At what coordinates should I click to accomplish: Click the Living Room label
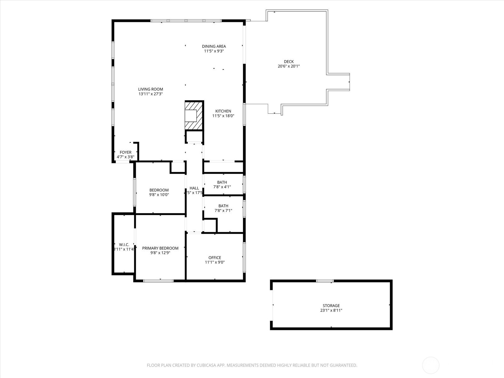pyautogui.click(x=151, y=89)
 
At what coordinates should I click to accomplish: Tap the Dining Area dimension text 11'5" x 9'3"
pyautogui.click(x=214, y=51)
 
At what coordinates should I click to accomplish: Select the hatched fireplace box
pyautogui.click(x=194, y=115)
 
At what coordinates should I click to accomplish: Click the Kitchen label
pyautogui.click(x=223, y=111)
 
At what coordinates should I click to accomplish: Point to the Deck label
pyautogui.click(x=289, y=62)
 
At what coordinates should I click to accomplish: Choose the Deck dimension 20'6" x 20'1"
pyautogui.click(x=289, y=66)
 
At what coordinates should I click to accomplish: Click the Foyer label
pyautogui.click(x=125, y=152)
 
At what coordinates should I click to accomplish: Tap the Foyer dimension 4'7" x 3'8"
pyautogui.click(x=125, y=157)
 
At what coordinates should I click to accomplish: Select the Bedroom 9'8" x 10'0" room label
pyautogui.click(x=159, y=190)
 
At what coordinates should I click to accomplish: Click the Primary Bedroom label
pyautogui.click(x=160, y=248)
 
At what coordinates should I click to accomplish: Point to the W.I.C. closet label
pyautogui.click(x=124, y=245)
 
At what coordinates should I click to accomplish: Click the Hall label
pyautogui.click(x=194, y=188)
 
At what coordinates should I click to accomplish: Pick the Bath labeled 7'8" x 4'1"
pyautogui.click(x=222, y=182)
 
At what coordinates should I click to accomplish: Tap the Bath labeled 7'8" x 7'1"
pyautogui.click(x=223, y=206)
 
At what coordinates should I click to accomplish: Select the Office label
pyautogui.click(x=215, y=258)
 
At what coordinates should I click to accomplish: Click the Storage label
pyautogui.click(x=331, y=306)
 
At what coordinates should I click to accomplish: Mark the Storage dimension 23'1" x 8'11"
pyautogui.click(x=331, y=310)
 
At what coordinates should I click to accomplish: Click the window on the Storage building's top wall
pyautogui.click(x=325, y=281)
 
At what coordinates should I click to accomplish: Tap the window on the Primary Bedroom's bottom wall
pyautogui.click(x=158, y=280)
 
